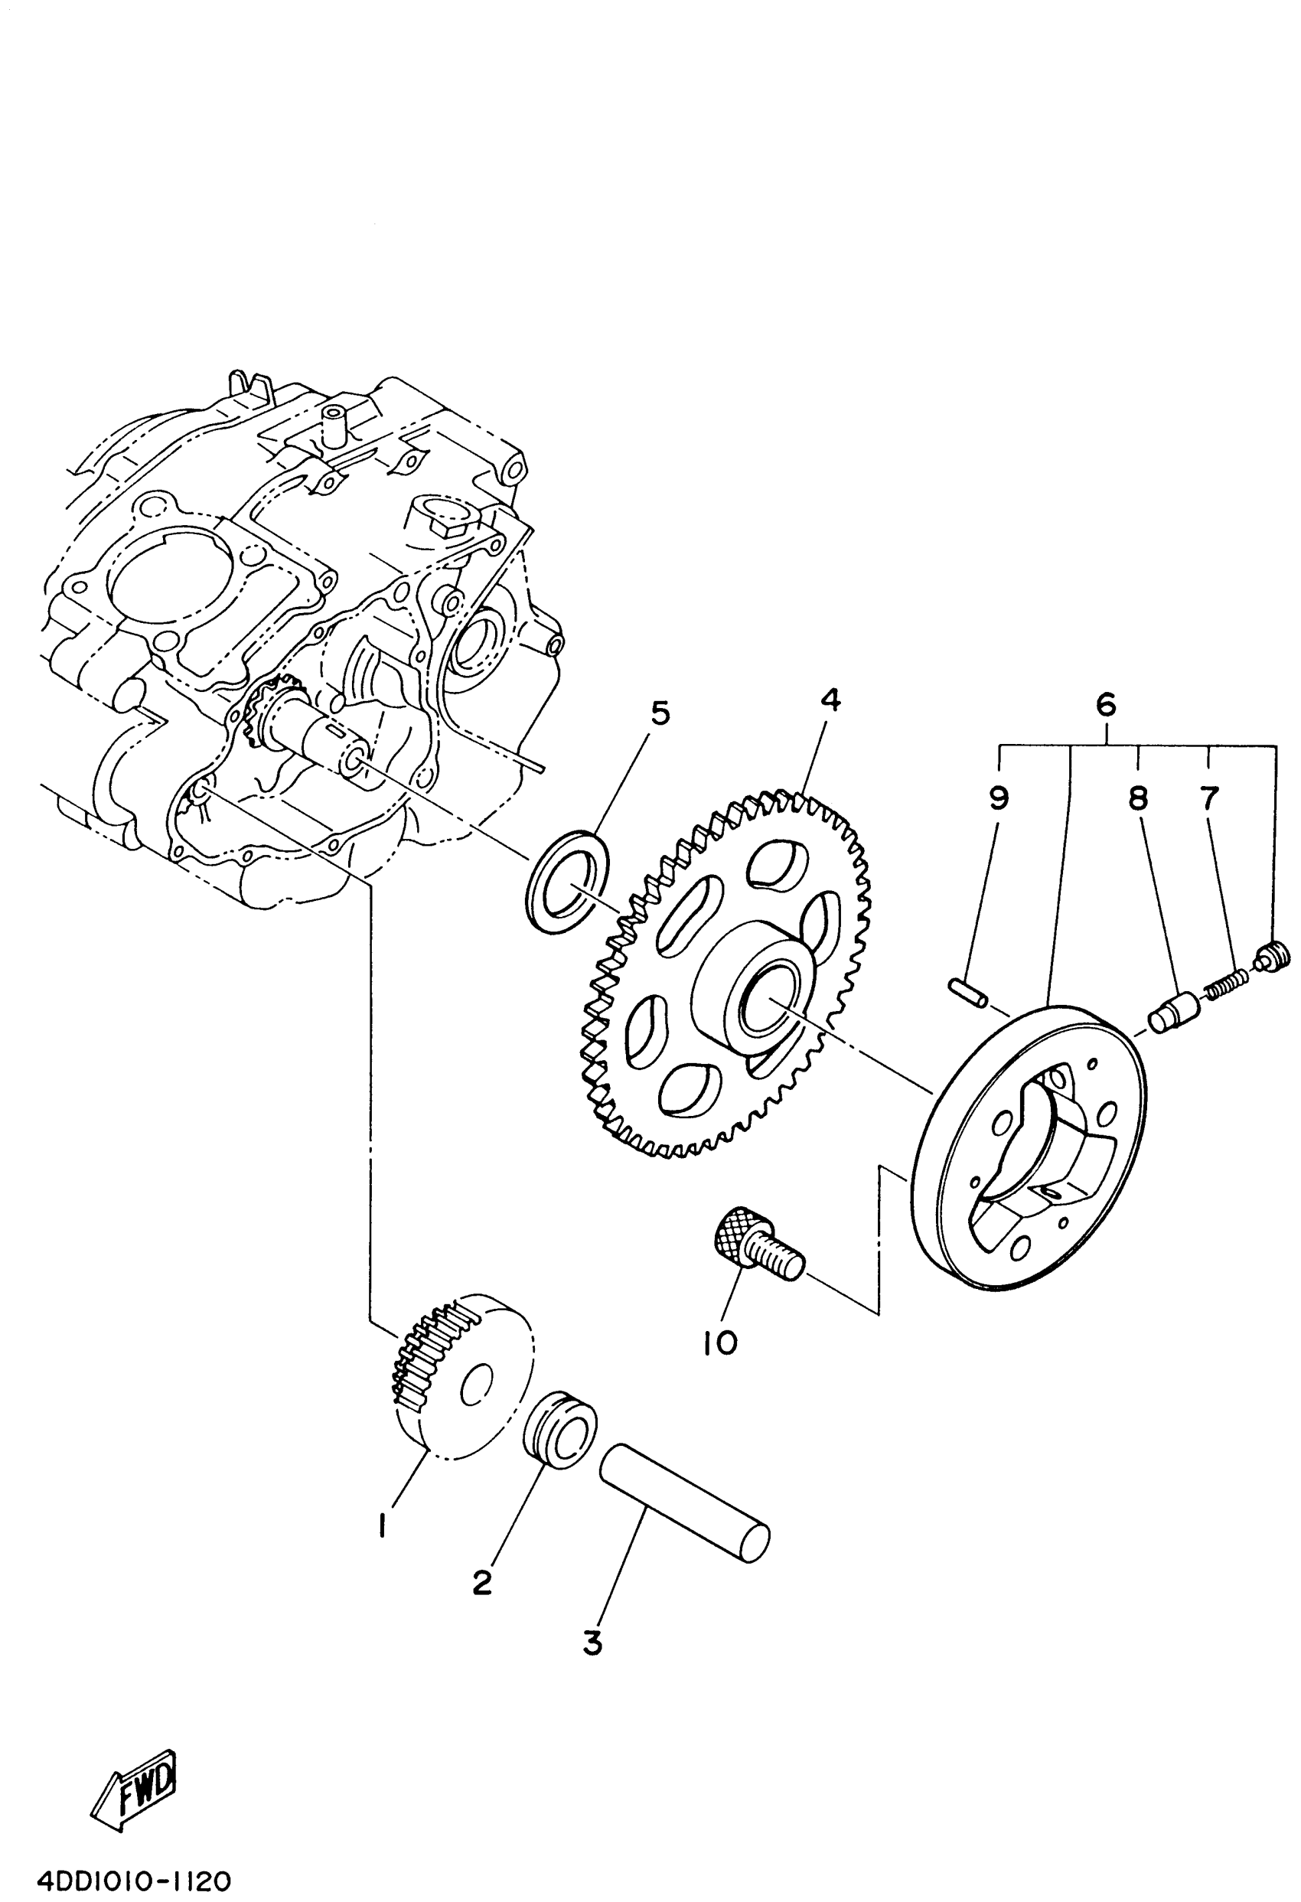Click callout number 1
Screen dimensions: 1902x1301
click(x=382, y=1525)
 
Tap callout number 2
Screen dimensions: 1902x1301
click(x=482, y=1583)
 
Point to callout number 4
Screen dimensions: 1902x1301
click(x=830, y=700)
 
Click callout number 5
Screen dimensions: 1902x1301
click(x=660, y=713)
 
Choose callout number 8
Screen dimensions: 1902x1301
click(x=1138, y=799)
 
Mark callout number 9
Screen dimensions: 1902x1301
click(x=999, y=798)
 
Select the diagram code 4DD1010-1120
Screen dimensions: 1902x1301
click(x=134, y=1880)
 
